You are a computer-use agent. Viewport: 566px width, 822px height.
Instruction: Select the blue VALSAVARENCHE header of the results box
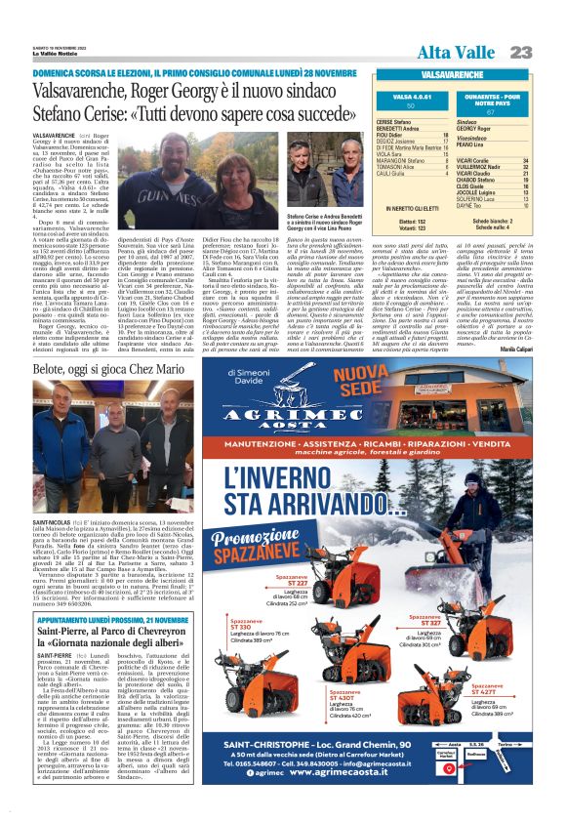(455, 73)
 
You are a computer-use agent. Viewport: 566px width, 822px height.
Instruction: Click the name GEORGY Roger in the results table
(474, 128)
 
